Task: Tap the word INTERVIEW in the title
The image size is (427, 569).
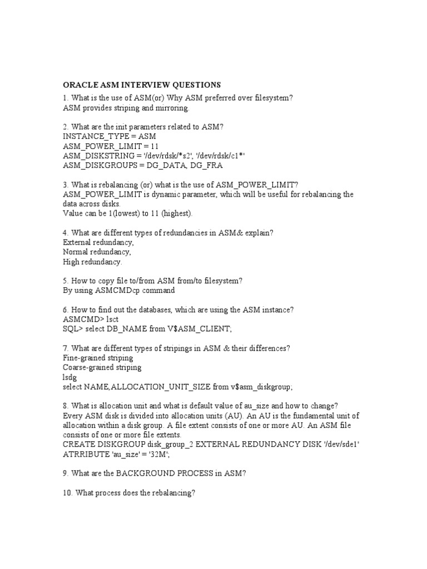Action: [x=145, y=85]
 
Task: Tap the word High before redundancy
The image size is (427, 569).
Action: [x=73, y=262]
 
